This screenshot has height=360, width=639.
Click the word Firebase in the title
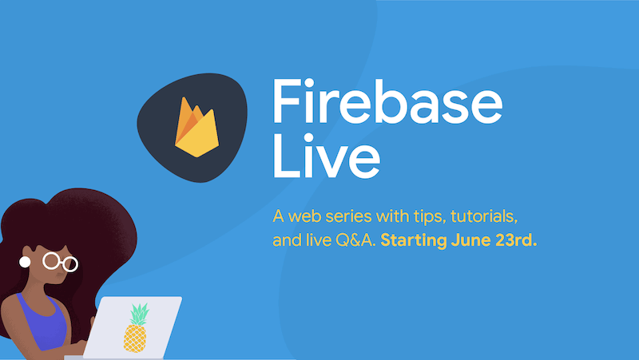387,101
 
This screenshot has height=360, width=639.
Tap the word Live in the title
327,156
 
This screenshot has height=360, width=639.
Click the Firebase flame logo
196,127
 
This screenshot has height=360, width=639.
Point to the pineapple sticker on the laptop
136,327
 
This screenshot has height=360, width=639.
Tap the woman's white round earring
25,262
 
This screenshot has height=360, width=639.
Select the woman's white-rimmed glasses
61,262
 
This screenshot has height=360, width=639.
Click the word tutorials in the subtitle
484,216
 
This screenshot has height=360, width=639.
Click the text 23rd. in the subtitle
516,240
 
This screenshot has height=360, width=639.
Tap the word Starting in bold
414,241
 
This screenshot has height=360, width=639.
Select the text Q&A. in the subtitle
355,240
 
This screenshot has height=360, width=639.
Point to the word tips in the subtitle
429,217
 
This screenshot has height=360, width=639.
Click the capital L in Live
285,156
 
